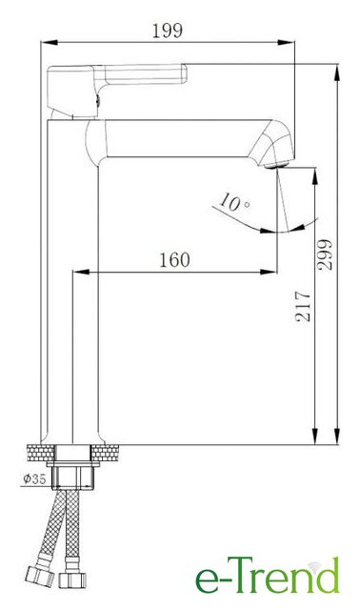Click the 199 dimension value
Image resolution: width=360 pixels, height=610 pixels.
168,31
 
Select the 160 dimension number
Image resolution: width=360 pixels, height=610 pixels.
175,260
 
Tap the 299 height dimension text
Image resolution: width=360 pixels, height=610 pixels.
325,254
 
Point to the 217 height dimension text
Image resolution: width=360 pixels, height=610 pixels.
303,306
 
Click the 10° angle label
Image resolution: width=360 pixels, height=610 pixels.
234,202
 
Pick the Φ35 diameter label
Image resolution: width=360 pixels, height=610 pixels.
34,478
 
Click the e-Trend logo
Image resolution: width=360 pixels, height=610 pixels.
268,575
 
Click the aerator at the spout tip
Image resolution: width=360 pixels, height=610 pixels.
276,165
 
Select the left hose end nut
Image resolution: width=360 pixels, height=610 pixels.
40,576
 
